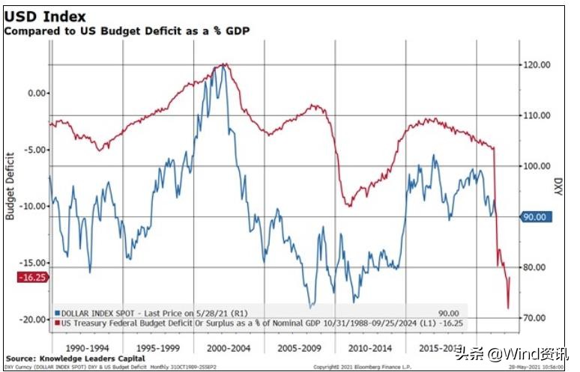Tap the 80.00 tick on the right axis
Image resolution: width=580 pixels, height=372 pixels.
tap(538, 267)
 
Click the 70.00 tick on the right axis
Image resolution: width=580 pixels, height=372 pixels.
tap(538, 318)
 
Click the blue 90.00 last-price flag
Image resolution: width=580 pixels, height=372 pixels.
tap(537, 217)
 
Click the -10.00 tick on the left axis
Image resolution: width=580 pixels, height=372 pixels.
tap(33, 206)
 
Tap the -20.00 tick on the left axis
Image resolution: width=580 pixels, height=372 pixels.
tap(33, 319)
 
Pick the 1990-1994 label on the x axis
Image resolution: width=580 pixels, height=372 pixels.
tap(86, 349)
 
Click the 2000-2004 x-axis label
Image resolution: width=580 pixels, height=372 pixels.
tap(229, 349)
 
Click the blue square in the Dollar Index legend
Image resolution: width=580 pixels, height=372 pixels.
tap(57, 313)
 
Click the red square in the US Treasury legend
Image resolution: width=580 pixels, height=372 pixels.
tap(57, 323)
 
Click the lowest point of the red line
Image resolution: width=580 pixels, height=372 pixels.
tap(507, 308)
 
